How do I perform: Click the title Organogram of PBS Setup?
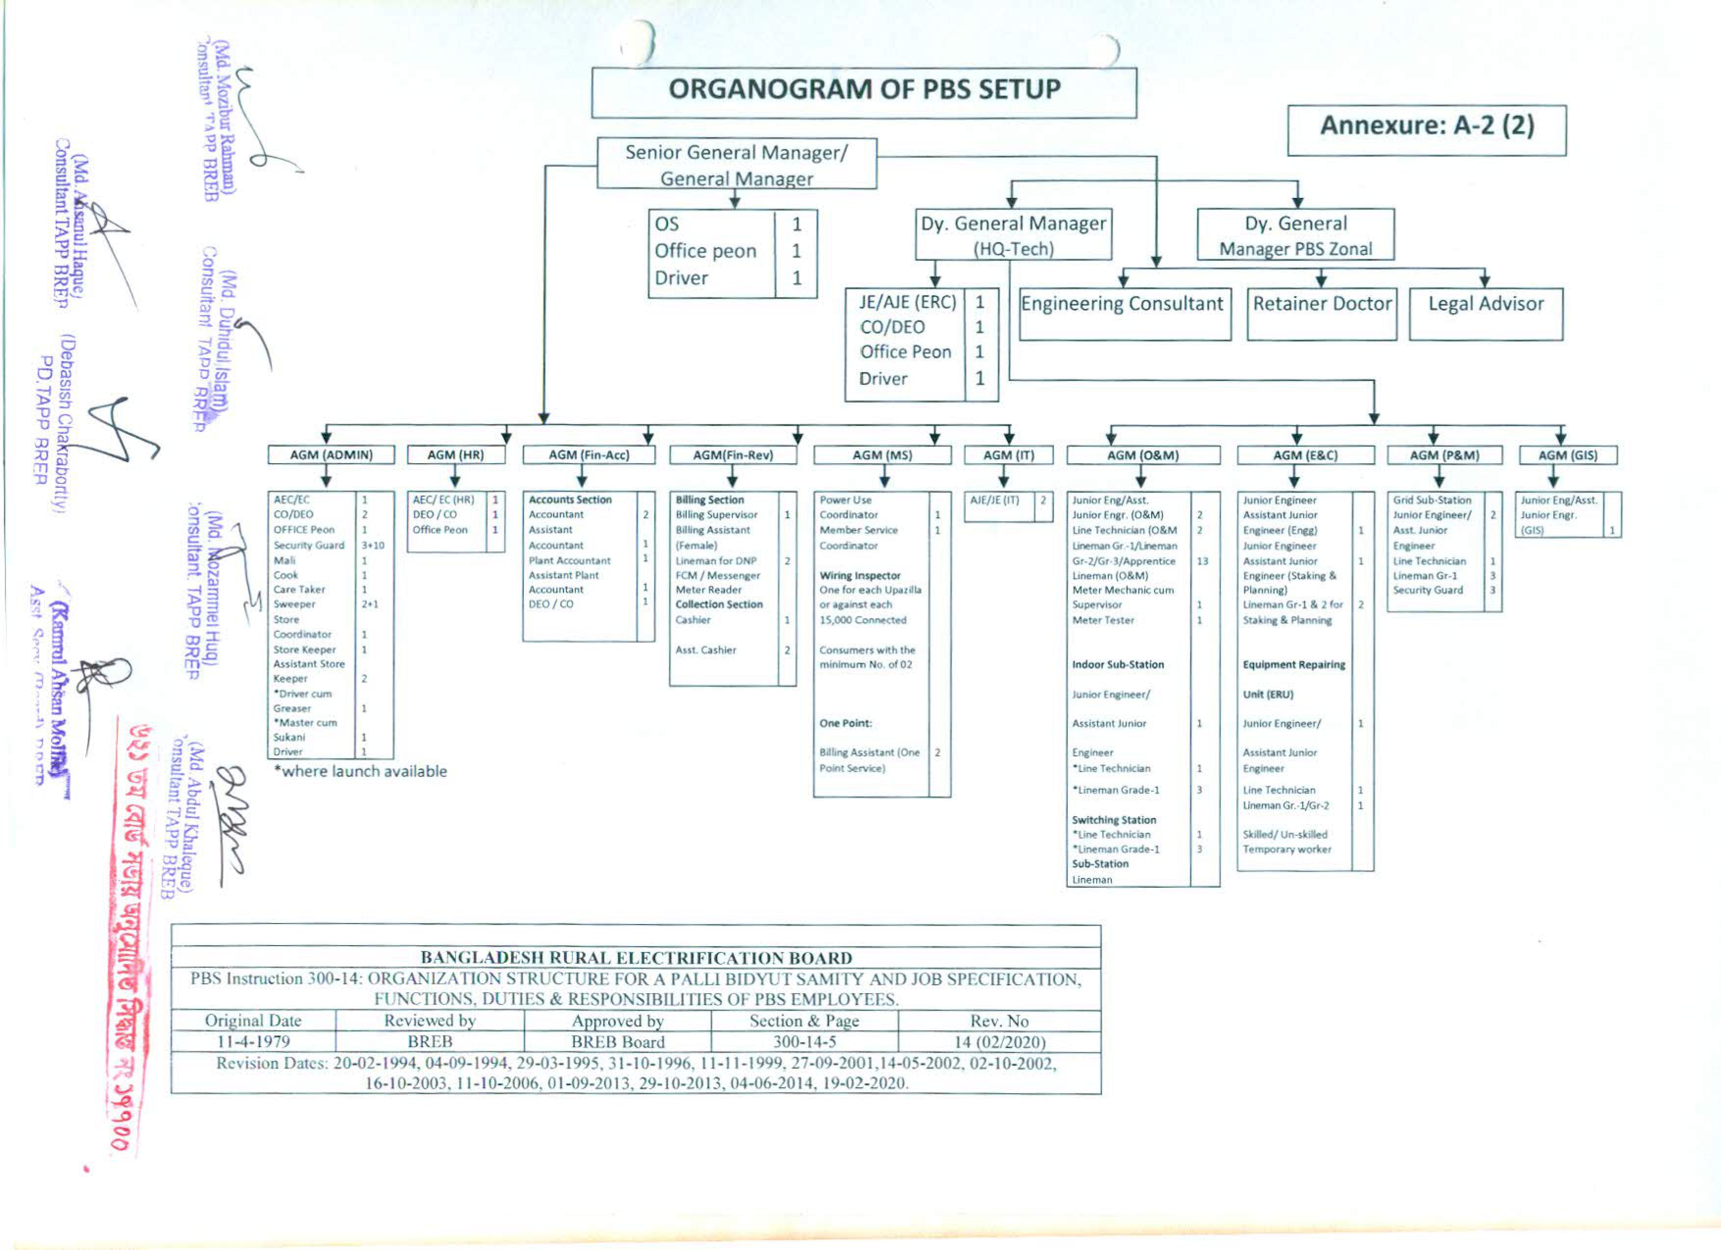(x=864, y=90)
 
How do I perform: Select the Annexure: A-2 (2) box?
(x=1427, y=126)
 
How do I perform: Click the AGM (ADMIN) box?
(x=331, y=455)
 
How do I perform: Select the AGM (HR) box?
(x=455, y=455)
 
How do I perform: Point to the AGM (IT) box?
(x=1008, y=455)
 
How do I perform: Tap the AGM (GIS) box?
(x=1567, y=455)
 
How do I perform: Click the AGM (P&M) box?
(x=1444, y=455)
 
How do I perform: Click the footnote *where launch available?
(x=360, y=772)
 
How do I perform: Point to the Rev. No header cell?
(x=1000, y=1021)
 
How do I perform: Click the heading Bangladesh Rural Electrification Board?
(x=636, y=958)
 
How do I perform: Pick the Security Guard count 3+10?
(x=373, y=546)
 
